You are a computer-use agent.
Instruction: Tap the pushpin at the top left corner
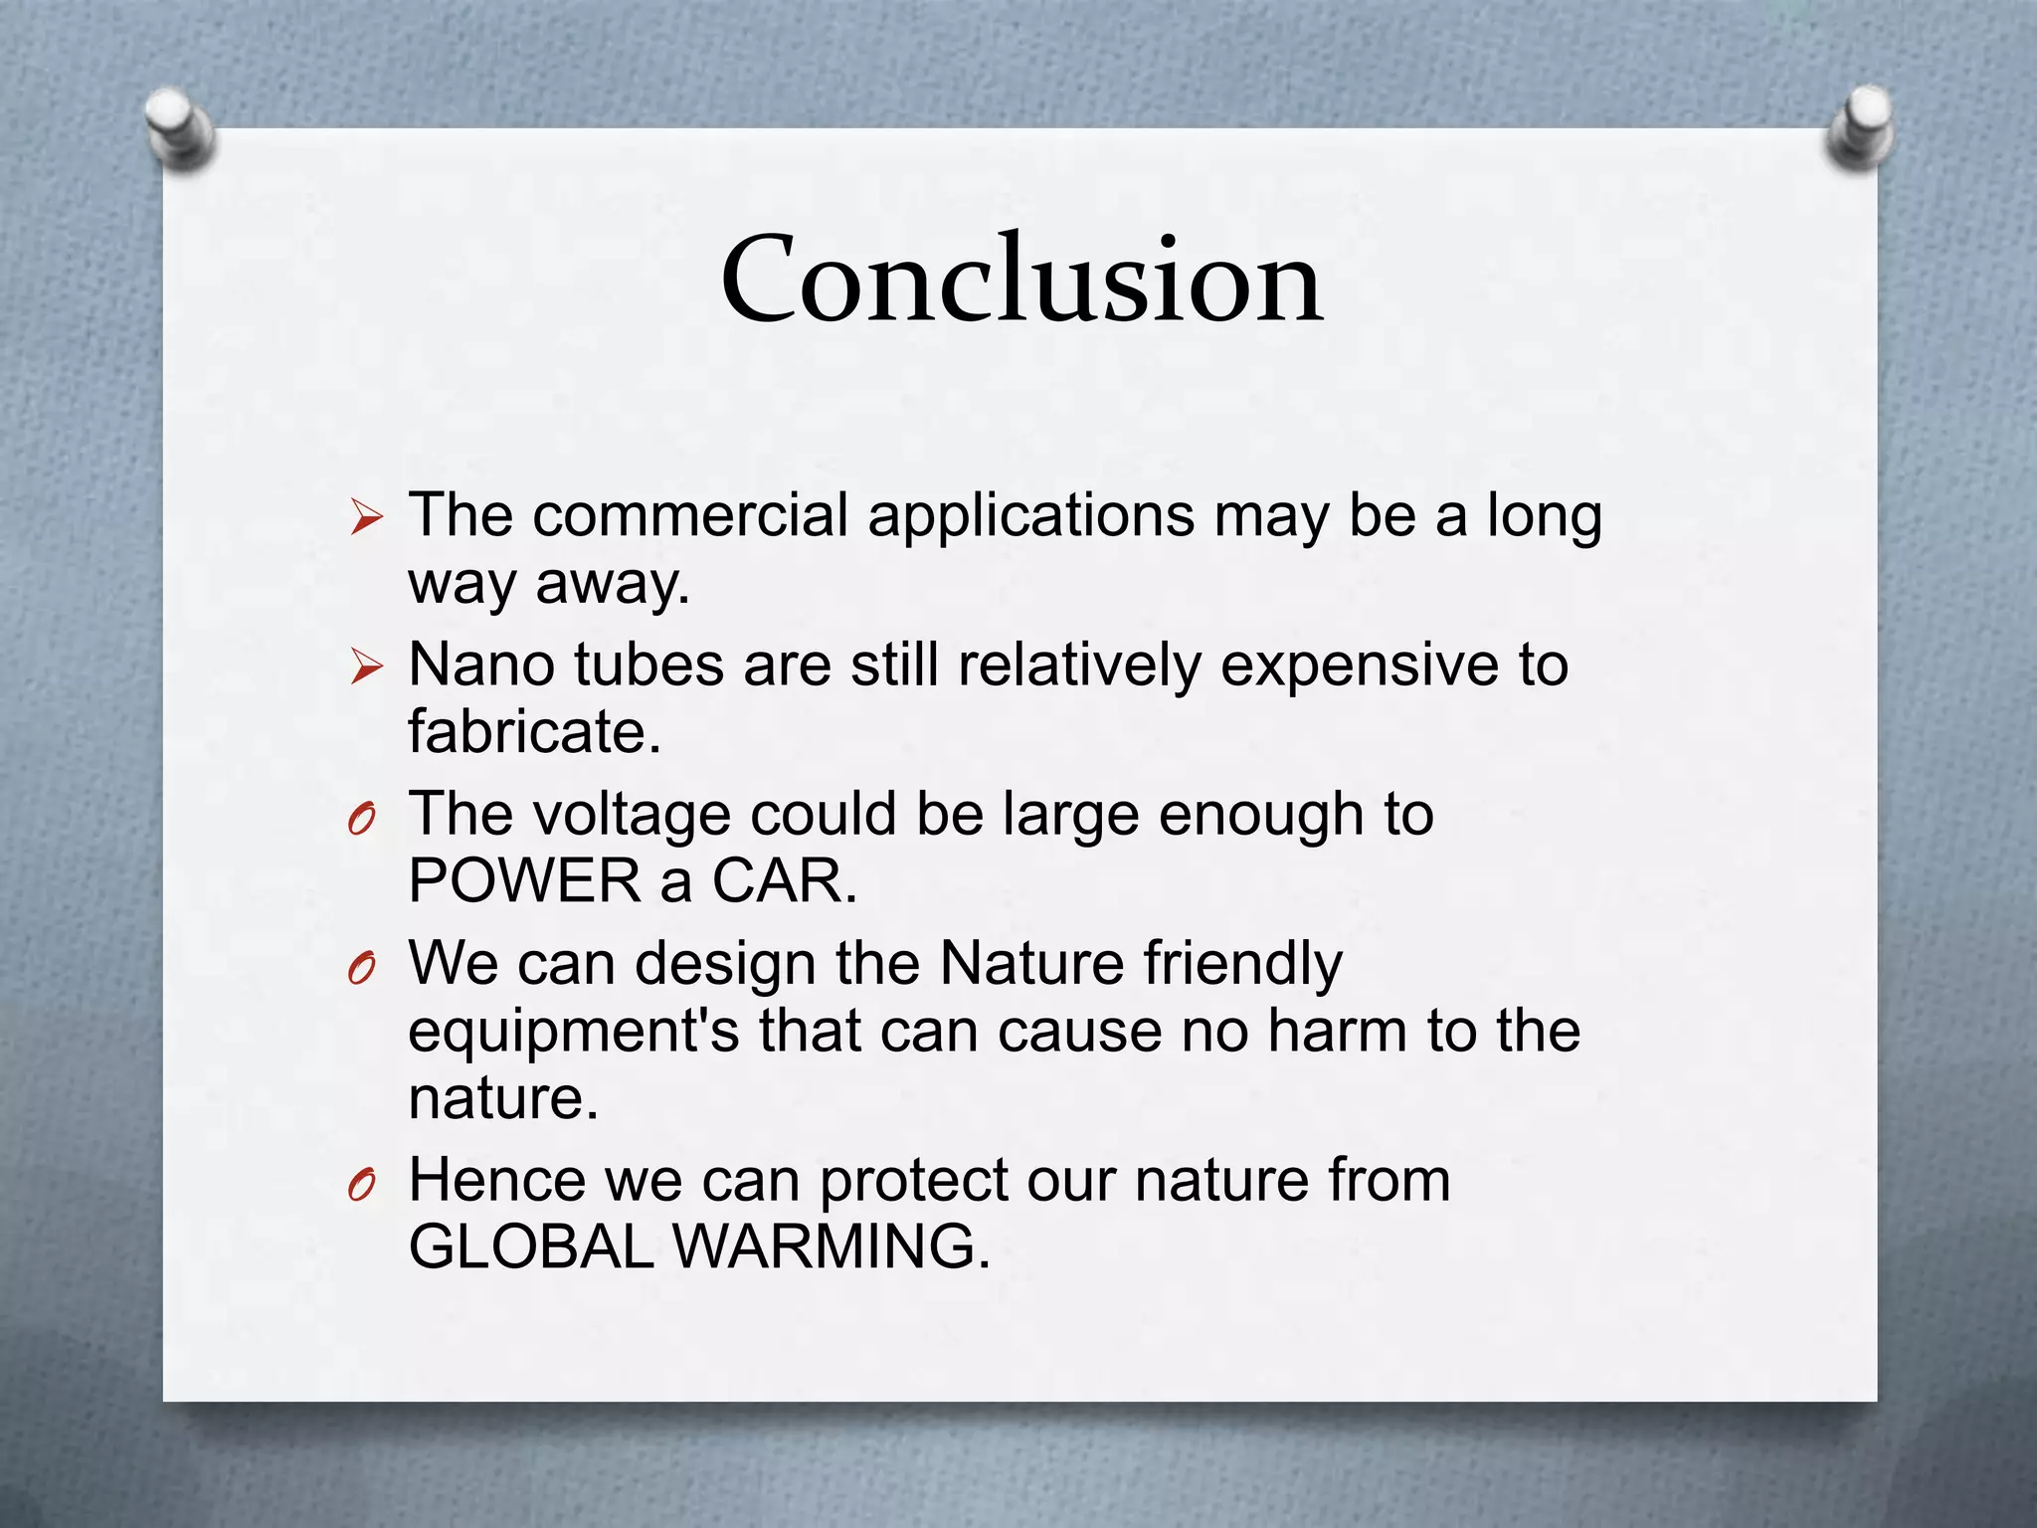[x=179, y=128]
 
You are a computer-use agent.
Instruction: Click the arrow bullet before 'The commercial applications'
[x=366, y=517]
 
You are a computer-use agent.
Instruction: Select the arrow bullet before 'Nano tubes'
[x=366, y=667]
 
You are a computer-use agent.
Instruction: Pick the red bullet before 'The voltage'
[x=362, y=819]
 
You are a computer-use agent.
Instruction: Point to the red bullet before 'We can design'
[x=362, y=967]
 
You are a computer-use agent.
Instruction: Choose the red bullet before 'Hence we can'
[x=362, y=1184]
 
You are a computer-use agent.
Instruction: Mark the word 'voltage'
[x=632, y=816]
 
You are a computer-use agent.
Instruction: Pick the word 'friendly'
[x=1242, y=965]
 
